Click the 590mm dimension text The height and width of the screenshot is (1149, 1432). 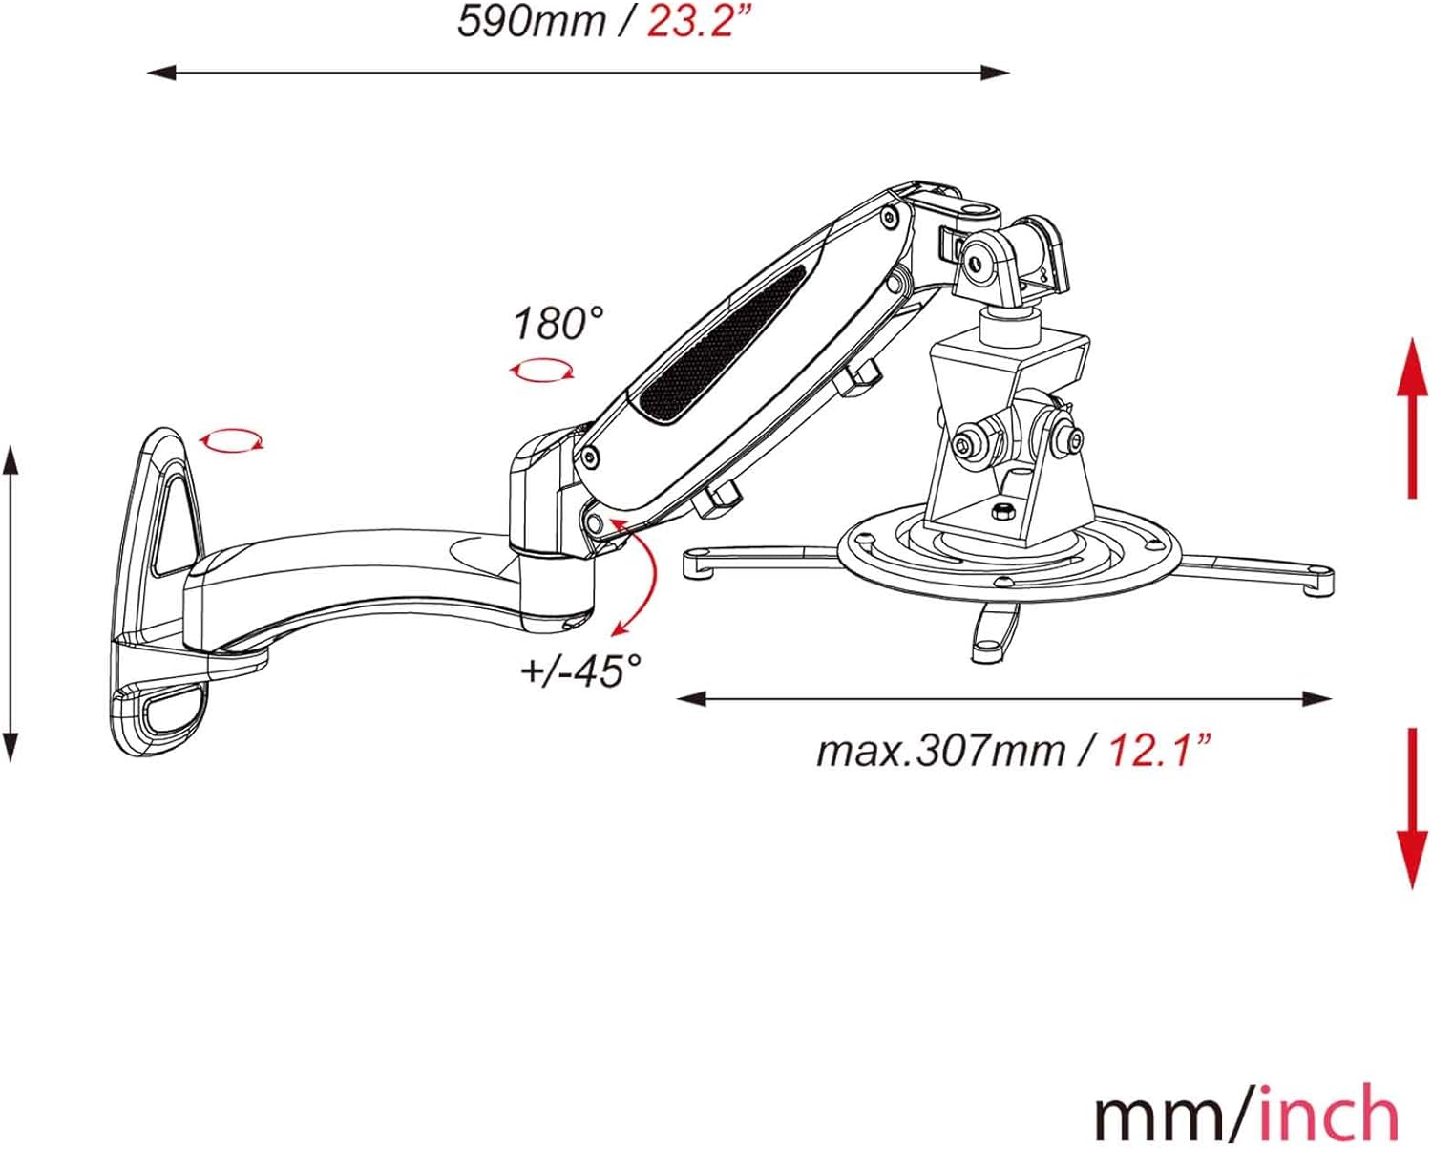pyautogui.click(x=532, y=22)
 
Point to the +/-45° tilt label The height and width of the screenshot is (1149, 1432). pyautogui.click(x=581, y=670)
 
